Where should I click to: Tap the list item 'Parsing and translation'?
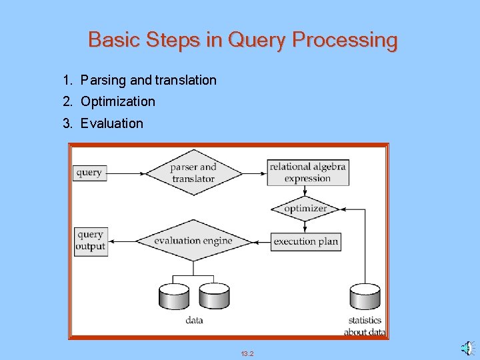pos(148,81)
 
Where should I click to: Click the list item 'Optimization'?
pos(117,102)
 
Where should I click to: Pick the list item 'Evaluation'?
pos(111,123)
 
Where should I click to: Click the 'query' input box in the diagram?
pos(89,173)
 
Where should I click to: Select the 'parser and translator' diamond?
pos(193,173)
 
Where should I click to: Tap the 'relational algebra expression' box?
pos(308,173)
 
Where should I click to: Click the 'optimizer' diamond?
pos(305,209)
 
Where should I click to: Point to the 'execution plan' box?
pos(306,241)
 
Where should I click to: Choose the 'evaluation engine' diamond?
pos(193,241)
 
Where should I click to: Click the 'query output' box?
pos(90,241)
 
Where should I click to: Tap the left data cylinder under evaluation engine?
pos(174,296)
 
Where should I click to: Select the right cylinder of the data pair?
pos(214,296)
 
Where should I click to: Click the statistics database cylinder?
pos(365,297)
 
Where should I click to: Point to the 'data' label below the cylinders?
pos(194,321)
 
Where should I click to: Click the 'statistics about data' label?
pos(365,326)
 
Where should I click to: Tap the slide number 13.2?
pos(247,353)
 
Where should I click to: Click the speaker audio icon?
pos(466,348)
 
